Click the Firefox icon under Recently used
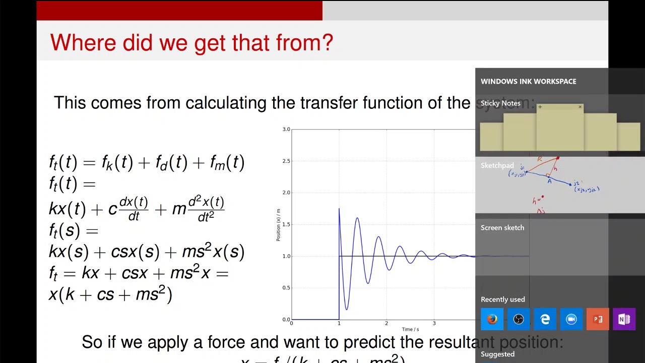pyautogui.click(x=492, y=320)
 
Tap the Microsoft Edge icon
pyautogui.click(x=545, y=320)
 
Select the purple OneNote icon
pyautogui.click(x=624, y=320)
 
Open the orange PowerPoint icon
pyautogui.click(x=598, y=320)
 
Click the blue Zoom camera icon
pyautogui.click(x=571, y=320)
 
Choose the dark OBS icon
pyautogui.click(x=519, y=320)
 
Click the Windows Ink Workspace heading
pyautogui.click(x=528, y=81)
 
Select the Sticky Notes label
pyautogui.click(x=500, y=103)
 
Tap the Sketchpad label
pyautogui.click(x=497, y=165)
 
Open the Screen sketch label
pyautogui.click(x=502, y=228)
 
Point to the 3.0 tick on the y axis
pyautogui.click(x=286, y=130)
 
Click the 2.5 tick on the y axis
pyautogui.click(x=286, y=161)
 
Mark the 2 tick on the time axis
pyautogui.click(x=386, y=323)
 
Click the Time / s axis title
pyautogui.click(x=410, y=330)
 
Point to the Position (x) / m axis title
pyautogui.click(x=278, y=225)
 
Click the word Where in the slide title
pyautogui.click(x=84, y=43)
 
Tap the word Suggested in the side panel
pyautogui.click(x=497, y=354)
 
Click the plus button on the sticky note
pyautogui.click(x=540, y=107)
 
